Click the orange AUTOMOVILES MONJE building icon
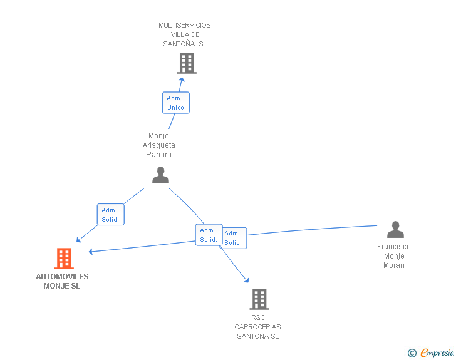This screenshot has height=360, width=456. [x=64, y=258]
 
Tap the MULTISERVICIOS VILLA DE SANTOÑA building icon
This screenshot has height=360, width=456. [x=186, y=63]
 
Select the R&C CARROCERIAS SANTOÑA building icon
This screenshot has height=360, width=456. [x=259, y=299]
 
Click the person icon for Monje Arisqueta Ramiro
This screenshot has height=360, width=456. [x=160, y=175]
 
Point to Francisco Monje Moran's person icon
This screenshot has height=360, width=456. [x=395, y=230]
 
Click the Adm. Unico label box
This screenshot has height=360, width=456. [x=175, y=103]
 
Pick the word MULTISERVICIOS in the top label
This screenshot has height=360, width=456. [x=185, y=25]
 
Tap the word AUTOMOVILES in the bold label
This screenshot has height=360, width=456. [x=62, y=277]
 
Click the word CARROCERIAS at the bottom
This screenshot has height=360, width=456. [x=257, y=327]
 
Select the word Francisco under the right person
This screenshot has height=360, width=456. [x=394, y=247]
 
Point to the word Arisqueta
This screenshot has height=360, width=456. [x=158, y=145]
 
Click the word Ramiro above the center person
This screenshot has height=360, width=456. [x=158, y=155]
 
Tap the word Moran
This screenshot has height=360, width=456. [x=394, y=265]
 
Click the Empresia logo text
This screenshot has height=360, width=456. [x=437, y=352]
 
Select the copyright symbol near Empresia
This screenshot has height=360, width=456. [x=412, y=353]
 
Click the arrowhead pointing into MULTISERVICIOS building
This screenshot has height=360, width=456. [x=182, y=79]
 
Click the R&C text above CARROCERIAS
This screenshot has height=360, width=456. [x=257, y=317]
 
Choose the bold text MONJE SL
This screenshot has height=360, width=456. [x=62, y=286]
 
